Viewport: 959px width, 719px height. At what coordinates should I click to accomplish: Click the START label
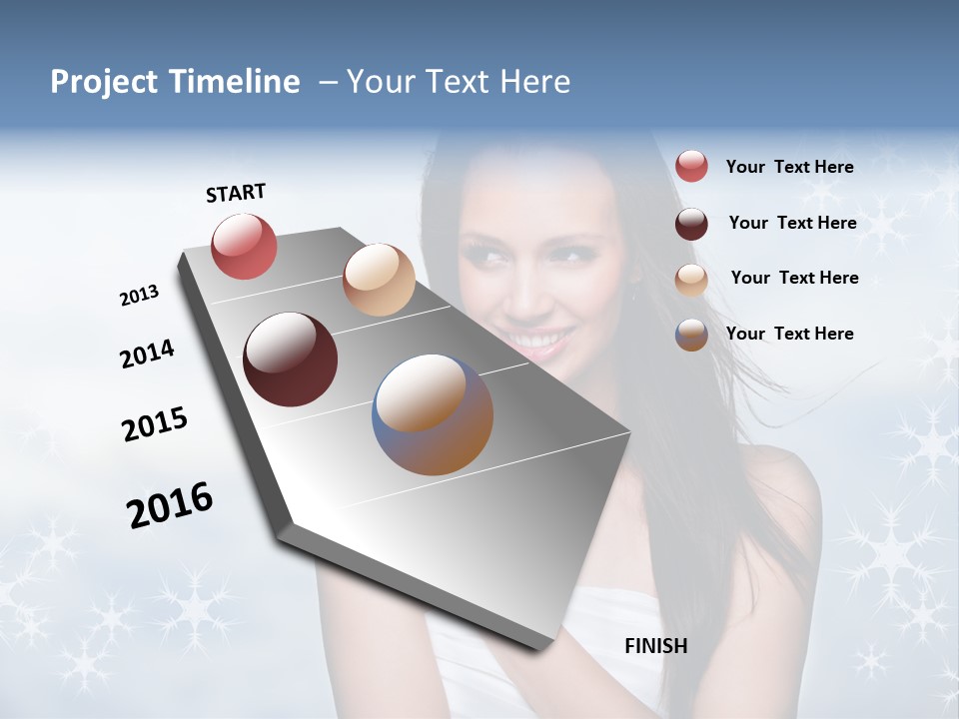click(236, 193)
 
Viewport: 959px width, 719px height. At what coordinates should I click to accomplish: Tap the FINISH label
click(655, 646)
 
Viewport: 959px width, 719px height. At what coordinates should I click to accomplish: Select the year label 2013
click(140, 296)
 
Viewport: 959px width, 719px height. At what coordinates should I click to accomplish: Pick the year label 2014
click(147, 355)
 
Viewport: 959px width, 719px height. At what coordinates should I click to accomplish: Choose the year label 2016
click(170, 505)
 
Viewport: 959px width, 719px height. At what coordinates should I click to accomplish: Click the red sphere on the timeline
click(244, 246)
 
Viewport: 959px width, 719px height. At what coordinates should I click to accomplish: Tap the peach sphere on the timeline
click(379, 280)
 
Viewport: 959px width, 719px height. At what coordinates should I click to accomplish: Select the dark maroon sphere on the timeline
click(290, 359)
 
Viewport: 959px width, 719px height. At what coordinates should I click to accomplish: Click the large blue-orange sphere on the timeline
click(433, 414)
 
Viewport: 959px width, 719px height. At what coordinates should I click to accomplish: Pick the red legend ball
click(691, 167)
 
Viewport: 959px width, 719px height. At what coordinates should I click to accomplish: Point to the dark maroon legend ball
click(691, 224)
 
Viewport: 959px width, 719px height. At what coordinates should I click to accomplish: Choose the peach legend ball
click(691, 280)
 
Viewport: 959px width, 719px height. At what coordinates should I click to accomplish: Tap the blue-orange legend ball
click(691, 335)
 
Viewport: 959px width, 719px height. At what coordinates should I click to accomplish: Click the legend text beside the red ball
click(789, 167)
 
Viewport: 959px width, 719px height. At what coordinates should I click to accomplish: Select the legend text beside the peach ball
click(794, 278)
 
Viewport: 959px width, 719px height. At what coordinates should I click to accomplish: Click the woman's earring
click(632, 297)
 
